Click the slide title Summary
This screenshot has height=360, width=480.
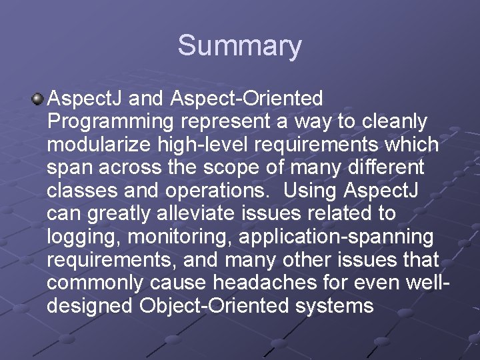point(239,46)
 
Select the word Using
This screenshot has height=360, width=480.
point(310,191)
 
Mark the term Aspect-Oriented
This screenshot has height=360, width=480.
point(247,99)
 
